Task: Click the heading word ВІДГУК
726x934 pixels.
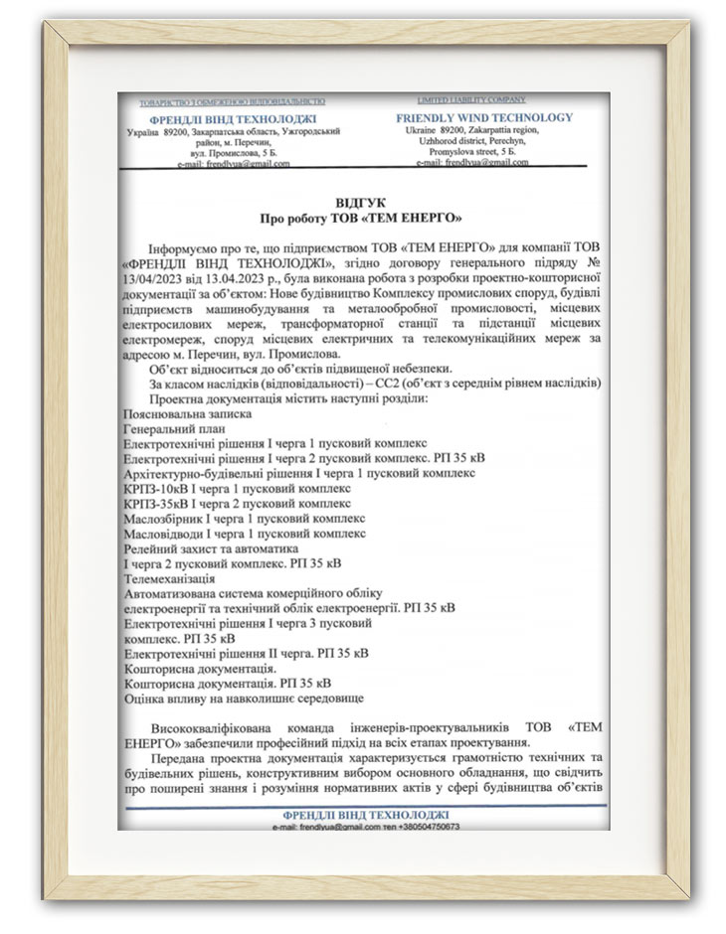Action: (362, 201)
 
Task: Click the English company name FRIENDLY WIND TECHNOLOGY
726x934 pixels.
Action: (484, 118)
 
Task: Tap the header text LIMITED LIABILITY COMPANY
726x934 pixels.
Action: (471, 100)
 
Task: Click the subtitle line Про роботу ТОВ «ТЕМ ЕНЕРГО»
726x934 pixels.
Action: (362, 216)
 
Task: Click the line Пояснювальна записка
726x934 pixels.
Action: (188, 411)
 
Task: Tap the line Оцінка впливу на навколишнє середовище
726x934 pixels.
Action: (244, 699)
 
